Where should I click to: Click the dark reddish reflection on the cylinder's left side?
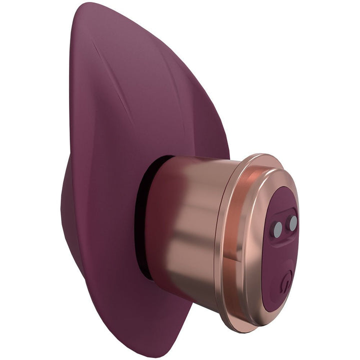tap(160, 225)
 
